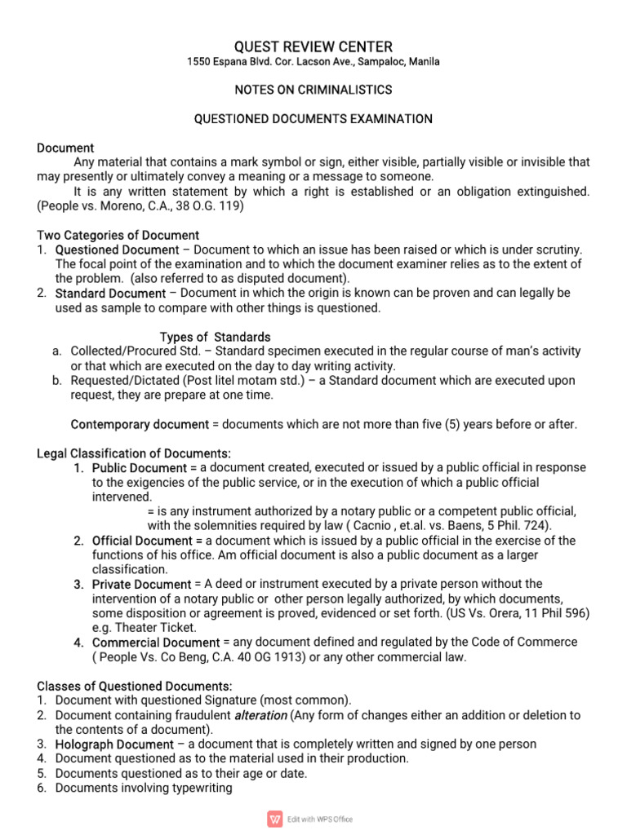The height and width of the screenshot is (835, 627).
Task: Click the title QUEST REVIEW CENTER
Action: (313, 46)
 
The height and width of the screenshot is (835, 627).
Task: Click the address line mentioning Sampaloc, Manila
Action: (313, 62)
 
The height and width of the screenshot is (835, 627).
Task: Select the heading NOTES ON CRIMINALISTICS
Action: (313, 90)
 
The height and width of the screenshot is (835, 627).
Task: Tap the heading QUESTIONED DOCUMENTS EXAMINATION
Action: (313, 119)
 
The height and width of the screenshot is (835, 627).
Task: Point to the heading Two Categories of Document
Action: (118, 236)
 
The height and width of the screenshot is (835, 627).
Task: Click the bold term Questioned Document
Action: (117, 250)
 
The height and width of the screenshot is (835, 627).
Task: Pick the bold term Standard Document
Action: (110, 293)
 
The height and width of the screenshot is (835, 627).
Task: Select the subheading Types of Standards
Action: (215, 337)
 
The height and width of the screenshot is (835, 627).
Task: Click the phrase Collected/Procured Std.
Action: (133, 351)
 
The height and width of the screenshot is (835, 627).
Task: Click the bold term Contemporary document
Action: (140, 424)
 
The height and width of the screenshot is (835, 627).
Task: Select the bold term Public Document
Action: (140, 468)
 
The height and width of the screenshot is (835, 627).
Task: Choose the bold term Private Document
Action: (142, 584)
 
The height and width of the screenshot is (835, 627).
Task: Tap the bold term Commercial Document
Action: (156, 642)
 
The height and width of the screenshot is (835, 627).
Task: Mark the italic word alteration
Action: (262, 715)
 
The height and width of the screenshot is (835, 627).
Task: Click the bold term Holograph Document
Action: (114, 744)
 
